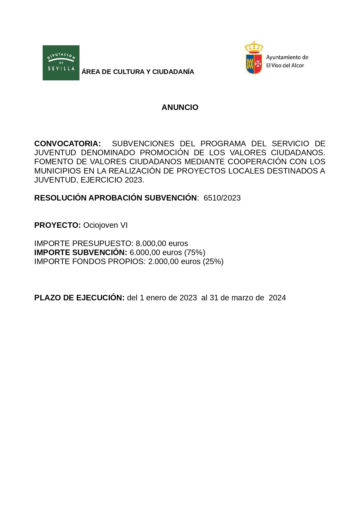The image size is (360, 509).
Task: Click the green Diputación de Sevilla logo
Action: (x=61, y=63)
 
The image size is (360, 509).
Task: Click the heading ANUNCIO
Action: (x=180, y=107)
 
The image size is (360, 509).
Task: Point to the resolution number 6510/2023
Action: (x=222, y=198)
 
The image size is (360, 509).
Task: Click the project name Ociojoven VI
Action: (x=105, y=225)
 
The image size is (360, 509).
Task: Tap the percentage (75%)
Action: (x=195, y=252)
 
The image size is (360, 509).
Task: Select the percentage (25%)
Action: (x=213, y=261)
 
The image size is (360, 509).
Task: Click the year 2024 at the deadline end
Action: (x=277, y=298)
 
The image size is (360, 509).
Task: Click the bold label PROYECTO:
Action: (x=57, y=225)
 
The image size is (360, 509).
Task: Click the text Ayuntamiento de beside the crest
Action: (x=287, y=57)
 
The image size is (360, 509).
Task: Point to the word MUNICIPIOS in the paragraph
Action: (x=58, y=171)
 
